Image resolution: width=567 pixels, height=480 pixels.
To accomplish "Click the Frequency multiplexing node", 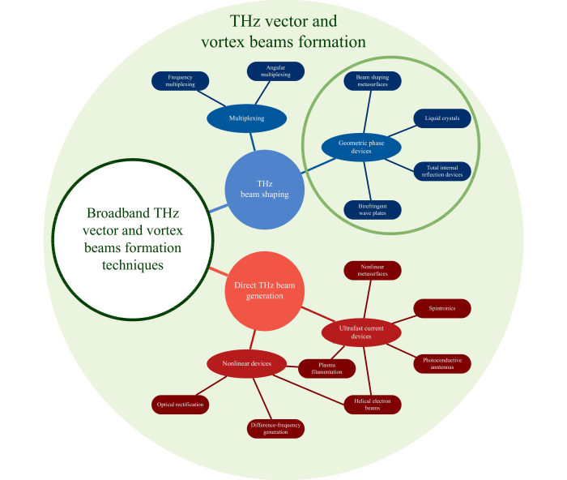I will point(180,80).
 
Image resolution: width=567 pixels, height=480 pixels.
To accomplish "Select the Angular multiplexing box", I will point(275,71).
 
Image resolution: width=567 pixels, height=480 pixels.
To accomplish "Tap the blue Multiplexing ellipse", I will point(247,118).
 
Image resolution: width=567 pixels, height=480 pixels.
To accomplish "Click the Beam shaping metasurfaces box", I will point(373,81).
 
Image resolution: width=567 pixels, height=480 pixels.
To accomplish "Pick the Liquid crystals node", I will point(441,118).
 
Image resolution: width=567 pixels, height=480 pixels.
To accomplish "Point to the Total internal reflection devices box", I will point(441,171).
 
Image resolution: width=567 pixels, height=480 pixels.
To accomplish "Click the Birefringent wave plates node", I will point(373,209).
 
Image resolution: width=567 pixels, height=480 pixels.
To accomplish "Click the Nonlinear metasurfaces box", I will point(373,270).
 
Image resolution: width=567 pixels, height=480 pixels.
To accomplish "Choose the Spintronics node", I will point(441,309).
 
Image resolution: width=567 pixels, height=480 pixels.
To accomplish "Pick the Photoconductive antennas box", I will point(442,364).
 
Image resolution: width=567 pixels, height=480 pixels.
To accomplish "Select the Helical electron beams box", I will point(373,403).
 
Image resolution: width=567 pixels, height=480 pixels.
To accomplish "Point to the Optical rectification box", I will point(180,403).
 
